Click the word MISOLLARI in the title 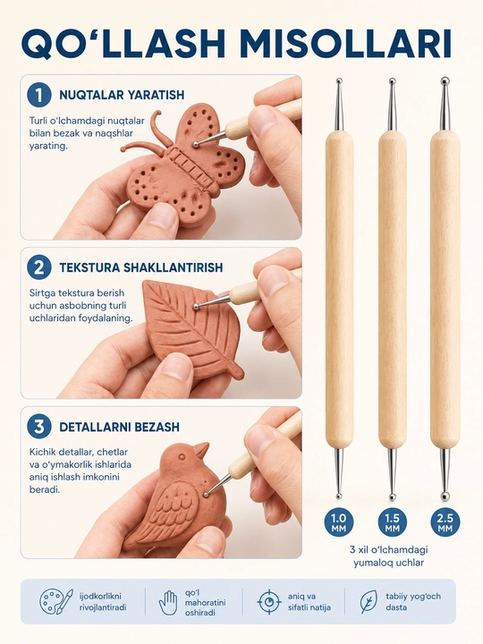coord(345,43)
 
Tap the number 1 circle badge coord(39,96)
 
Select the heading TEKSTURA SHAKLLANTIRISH coord(141,267)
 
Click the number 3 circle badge coord(39,427)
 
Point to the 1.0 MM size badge coord(339,522)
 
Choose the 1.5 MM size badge coord(393,522)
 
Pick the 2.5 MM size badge coord(445,522)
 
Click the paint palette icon coord(55,601)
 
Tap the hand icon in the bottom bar coord(168,603)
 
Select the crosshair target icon coord(269,601)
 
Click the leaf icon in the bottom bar coord(369,601)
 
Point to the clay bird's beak coord(201,449)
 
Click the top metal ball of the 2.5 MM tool coord(445,80)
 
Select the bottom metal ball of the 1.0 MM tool coord(339,496)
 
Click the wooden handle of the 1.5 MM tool coord(393,290)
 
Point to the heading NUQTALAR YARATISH coord(122,95)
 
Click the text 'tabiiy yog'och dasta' coord(412,602)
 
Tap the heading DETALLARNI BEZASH coord(119,427)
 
